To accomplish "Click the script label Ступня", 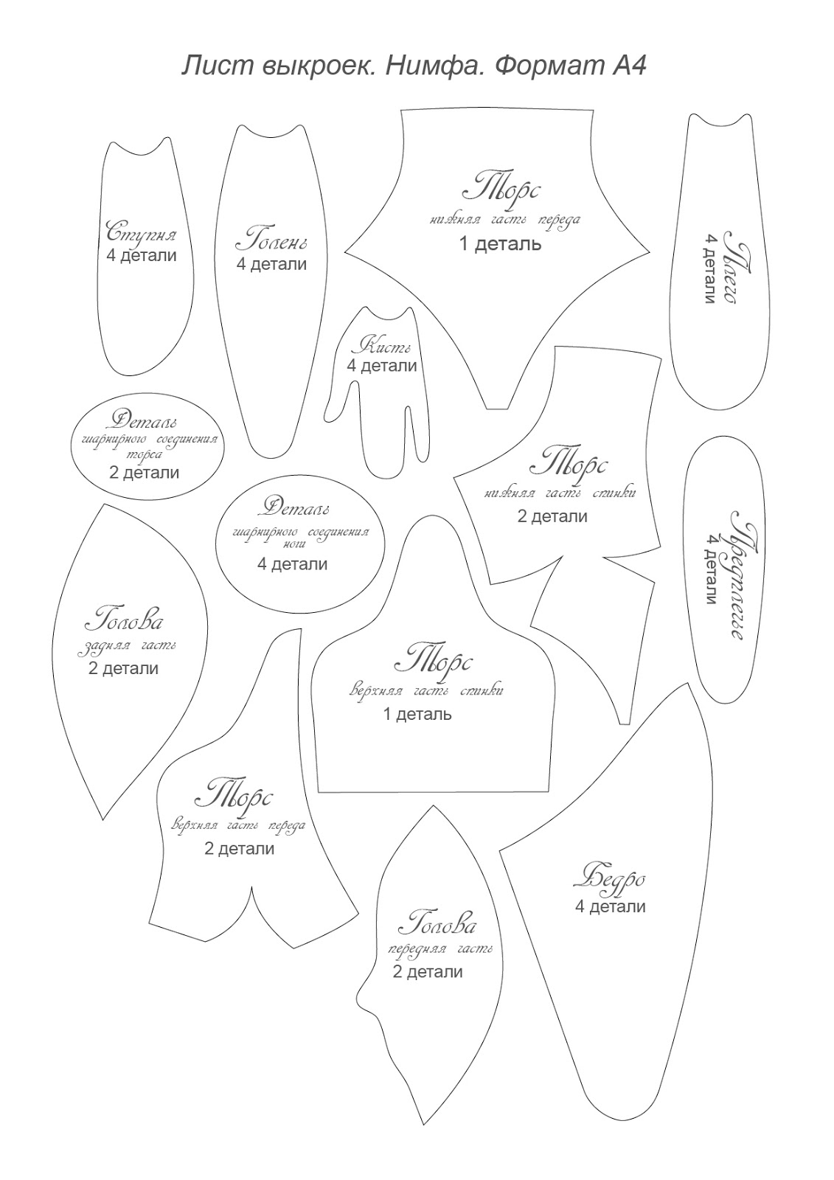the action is point(142,234).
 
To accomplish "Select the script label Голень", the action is point(271,240).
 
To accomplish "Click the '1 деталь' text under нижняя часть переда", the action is point(500,243).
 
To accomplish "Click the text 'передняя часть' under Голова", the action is point(440,949).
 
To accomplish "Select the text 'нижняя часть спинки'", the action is point(560,493).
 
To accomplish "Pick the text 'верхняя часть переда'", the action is point(237,826).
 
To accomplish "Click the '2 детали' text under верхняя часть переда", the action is point(239,849).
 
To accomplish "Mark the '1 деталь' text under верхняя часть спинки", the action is point(417,714).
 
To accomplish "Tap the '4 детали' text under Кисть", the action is point(382,366).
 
